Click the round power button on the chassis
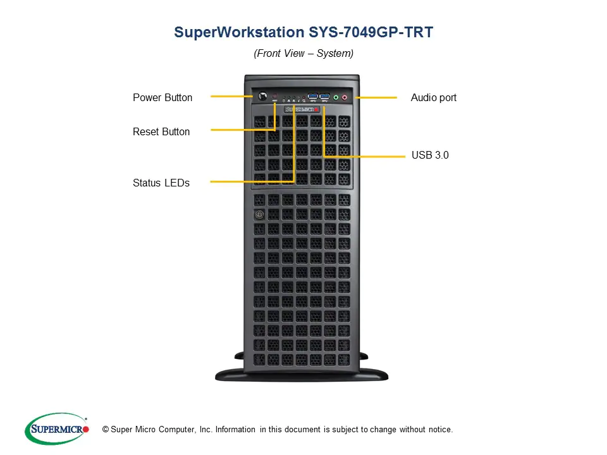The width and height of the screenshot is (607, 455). tap(261, 97)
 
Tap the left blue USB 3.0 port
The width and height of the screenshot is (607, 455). tap(312, 97)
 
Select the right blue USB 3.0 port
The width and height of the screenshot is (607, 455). tap(324, 97)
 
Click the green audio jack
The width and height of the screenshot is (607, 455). tap(336, 97)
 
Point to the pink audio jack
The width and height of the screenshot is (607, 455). tap(345, 97)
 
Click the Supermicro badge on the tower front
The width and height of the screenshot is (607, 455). tap(300, 109)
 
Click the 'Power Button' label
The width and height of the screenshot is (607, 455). tap(162, 97)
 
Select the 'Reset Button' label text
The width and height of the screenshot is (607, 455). tap(161, 131)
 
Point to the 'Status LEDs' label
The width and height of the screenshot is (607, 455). tap(161, 183)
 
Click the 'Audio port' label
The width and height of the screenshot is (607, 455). tap(434, 97)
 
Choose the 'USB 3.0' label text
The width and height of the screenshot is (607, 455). tap(430, 155)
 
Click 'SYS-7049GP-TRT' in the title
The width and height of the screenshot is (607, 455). tap(371, 33)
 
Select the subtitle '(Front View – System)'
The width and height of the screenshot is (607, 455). tap(303, 54)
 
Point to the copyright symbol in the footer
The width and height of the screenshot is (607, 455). tap(105, 430)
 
